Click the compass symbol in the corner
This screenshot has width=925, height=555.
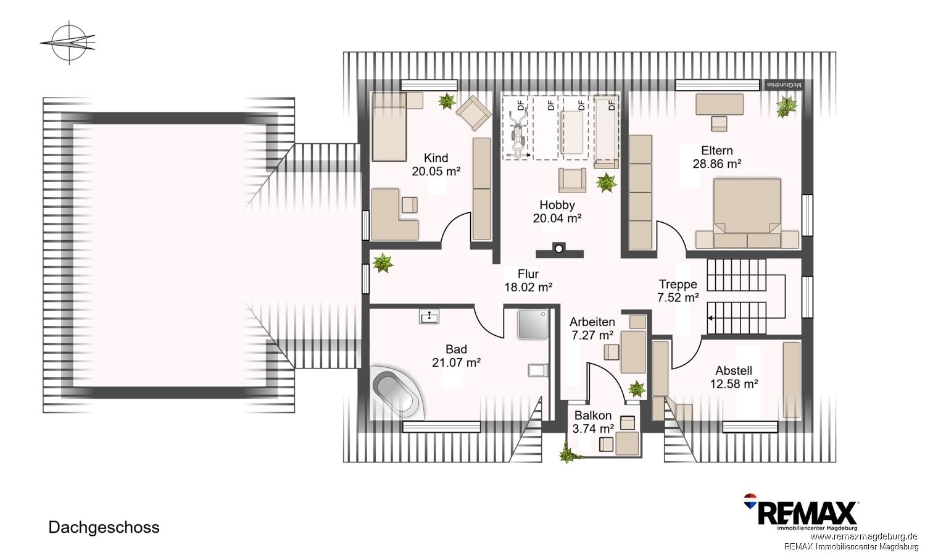coord(69,43)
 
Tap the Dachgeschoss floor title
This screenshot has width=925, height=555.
coord(104,527)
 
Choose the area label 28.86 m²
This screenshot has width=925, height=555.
coord(717,164)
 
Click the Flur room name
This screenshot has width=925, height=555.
coord(528,273)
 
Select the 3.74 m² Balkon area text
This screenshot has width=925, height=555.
coord(593,428)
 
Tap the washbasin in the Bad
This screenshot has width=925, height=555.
coord(429,317)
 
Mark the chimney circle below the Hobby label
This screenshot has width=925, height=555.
coord(559,249)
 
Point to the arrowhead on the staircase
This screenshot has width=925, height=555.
coord(710,318)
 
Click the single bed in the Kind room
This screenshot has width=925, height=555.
coord(389,127)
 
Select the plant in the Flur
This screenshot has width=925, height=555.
coord(383,263)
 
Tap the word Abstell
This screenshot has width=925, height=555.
coord(734,370)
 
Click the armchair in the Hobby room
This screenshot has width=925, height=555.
coord(573,180)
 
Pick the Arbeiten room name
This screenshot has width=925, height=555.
coord(592,322)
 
